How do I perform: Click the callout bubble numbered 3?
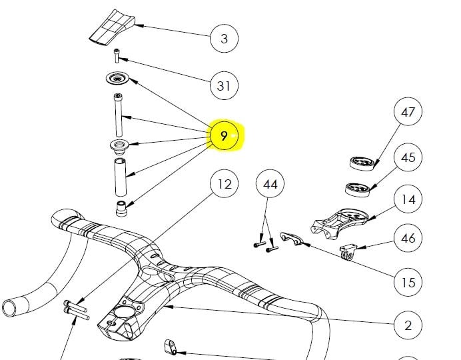point(224,39)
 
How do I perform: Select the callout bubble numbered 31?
point(224,86)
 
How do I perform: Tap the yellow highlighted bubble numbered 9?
point(225,136)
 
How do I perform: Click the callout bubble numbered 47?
point(408,112)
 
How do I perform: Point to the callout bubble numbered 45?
point(408,157)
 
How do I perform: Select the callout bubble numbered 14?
point(408,199)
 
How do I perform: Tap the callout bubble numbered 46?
point(408,238)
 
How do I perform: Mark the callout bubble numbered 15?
point(408,283)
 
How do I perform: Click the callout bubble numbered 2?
point(408,325)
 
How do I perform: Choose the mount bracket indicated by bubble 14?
point(337,222)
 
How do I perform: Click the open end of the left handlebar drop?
point(10,307)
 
